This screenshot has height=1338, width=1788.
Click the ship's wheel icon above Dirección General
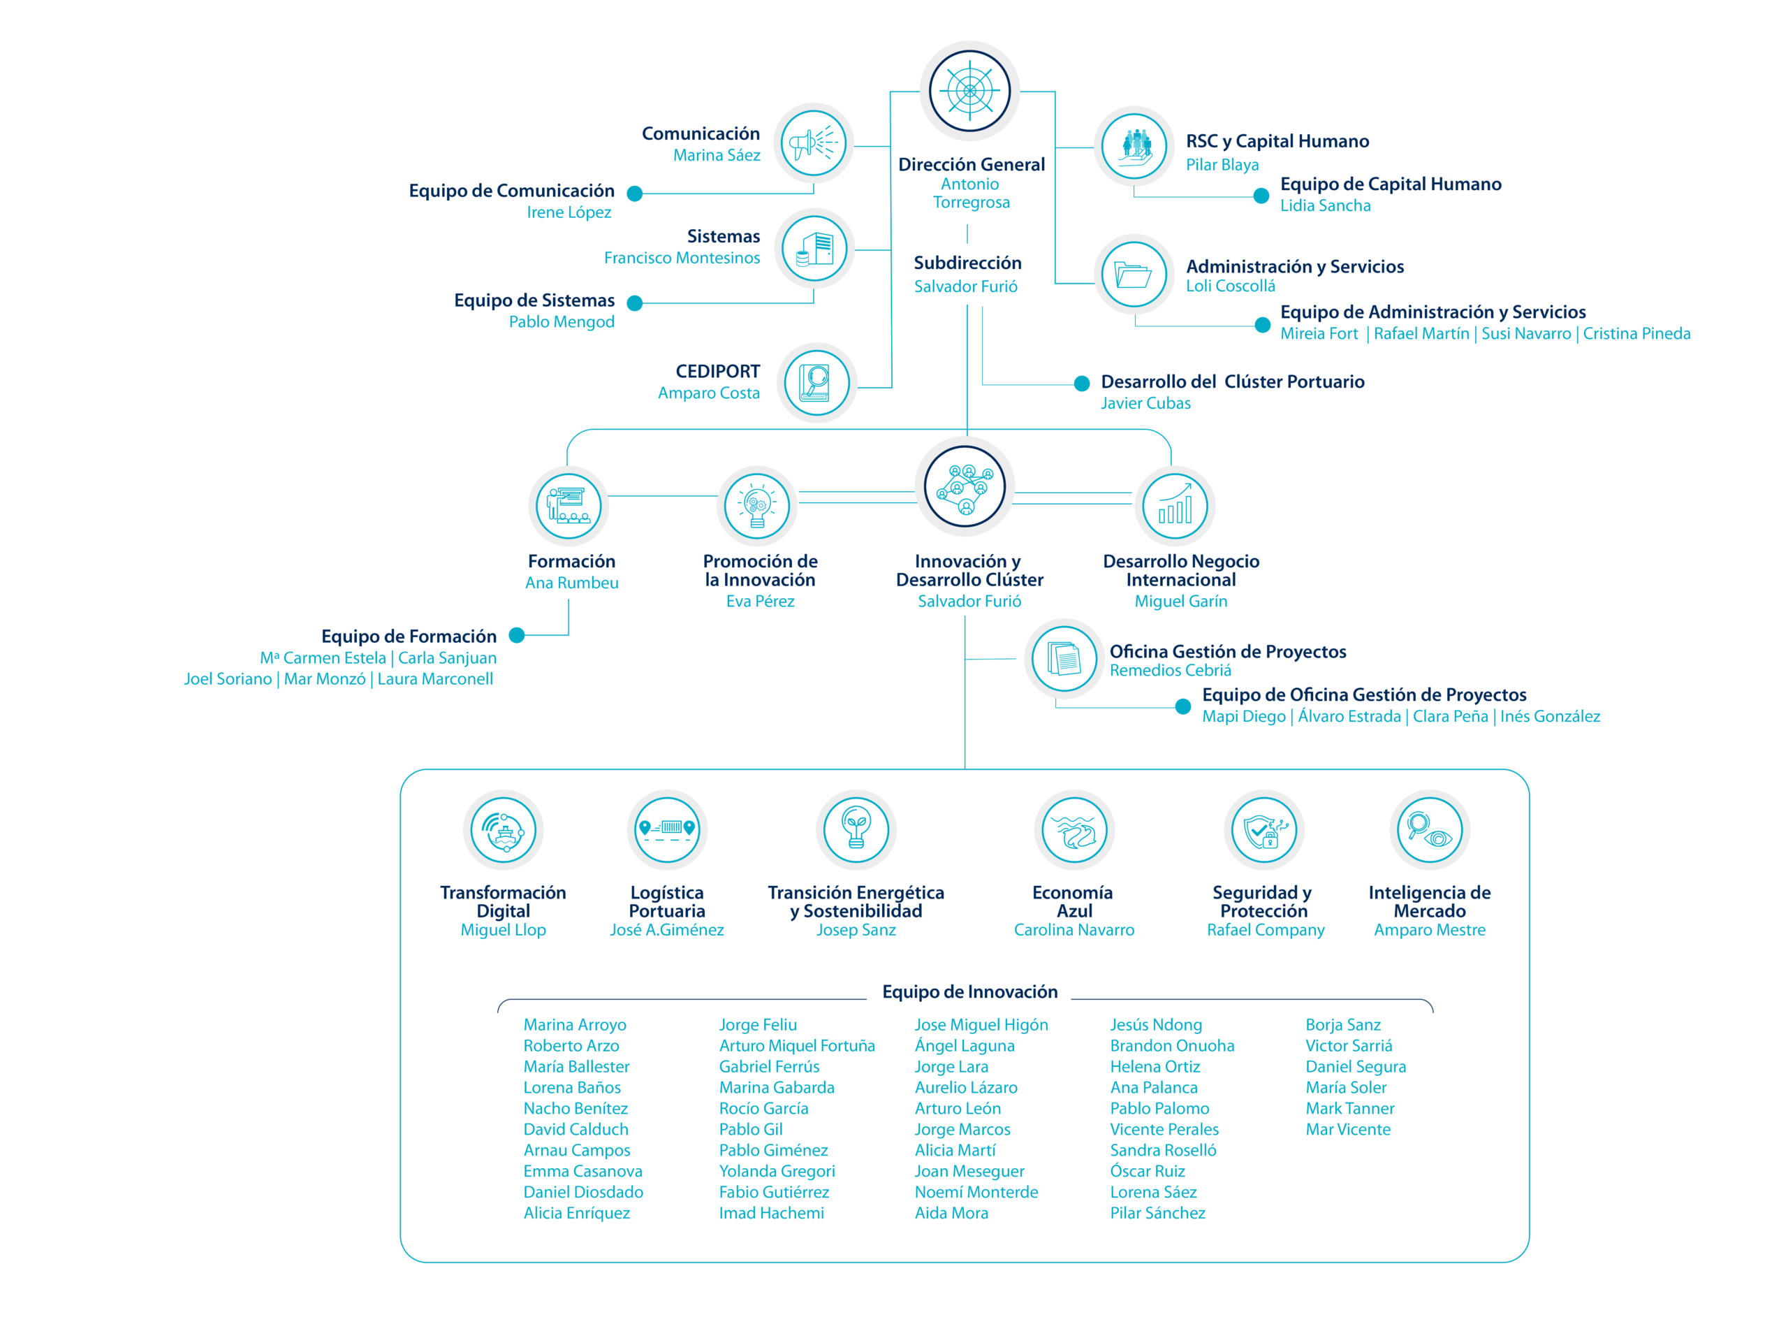click(969, 91)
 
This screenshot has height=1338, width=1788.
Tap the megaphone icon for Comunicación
click(813, 143)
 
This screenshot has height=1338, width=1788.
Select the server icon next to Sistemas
click(814, 249)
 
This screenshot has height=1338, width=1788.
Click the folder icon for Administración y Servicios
click(1134, 274)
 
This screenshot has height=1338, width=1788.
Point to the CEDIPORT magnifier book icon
click(816, 382)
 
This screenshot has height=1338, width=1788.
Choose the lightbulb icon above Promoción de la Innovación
click(756, 506)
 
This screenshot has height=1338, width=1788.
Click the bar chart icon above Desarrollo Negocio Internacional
click(1175, 506)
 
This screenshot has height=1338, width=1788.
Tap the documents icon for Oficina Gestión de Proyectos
click(1064, 658)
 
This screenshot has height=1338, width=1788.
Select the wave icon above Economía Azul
click(1074, 830)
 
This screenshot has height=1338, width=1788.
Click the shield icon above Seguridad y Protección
click(1264, 830)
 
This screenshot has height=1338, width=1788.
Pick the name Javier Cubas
click(1145, 403)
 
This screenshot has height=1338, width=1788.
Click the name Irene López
click(569, 212)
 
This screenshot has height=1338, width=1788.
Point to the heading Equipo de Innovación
click(969, 992)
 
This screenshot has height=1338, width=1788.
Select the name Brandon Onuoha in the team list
click(1172, 1046)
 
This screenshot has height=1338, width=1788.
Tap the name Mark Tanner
click(1350, 1108)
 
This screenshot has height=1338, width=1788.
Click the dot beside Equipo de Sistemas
click(634, 303)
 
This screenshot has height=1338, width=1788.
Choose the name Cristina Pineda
click(1637, 334)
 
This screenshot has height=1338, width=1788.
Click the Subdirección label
click(967, 263)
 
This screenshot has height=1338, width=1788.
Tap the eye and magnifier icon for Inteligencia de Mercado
click(1429, 830)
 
